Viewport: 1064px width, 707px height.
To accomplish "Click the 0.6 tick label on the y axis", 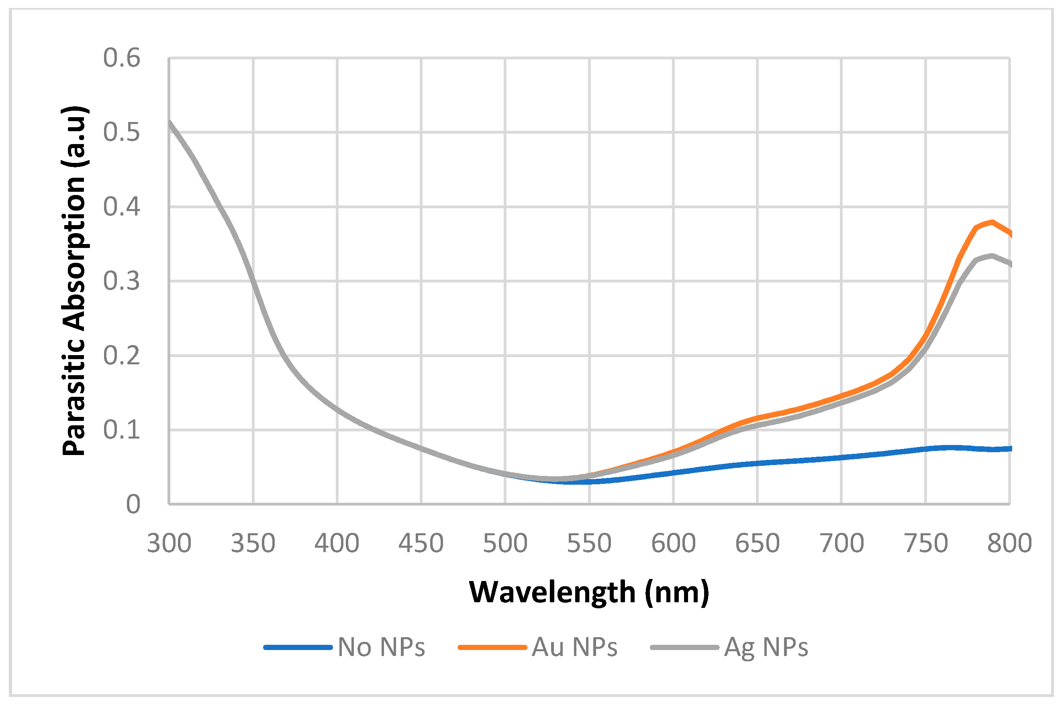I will (121, 58).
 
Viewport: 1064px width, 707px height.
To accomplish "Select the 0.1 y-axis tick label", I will (121, 430).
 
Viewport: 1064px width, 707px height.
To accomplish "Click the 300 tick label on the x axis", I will (169, 543).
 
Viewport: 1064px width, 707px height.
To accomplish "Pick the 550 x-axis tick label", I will (589, 543).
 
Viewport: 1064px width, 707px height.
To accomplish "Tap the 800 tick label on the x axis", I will (1009, 543).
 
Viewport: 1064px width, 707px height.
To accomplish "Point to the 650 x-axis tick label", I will (757, 543).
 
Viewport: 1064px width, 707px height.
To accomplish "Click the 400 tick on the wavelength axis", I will (337, 543).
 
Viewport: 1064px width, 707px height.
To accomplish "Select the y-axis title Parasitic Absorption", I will (74, 280).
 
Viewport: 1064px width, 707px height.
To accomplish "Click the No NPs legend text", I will (381, 648).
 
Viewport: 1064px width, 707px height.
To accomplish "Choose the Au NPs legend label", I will (574, 648).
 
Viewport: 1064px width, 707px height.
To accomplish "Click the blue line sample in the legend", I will (298, 648).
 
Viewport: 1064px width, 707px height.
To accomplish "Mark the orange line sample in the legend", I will (492, 648).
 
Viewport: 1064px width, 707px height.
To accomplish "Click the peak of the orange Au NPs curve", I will (992, 222).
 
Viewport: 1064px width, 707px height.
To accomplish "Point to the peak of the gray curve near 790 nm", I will (992, 256).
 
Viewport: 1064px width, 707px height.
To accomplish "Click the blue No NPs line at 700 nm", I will (841, 458).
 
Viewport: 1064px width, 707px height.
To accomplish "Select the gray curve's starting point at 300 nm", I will (170, 122).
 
